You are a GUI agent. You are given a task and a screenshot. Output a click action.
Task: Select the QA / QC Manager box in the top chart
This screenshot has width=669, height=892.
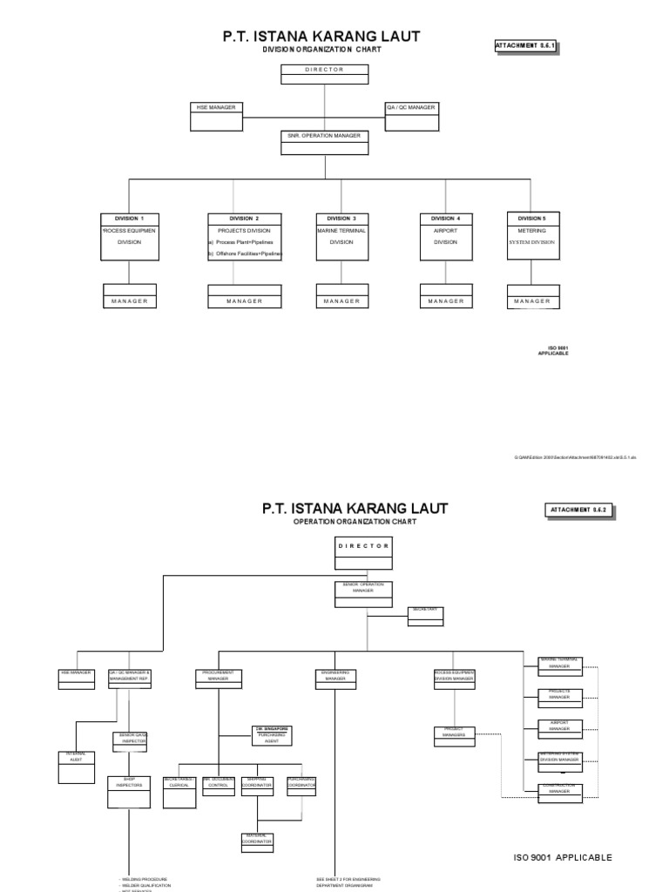pyautogui.click(x=410, y=116)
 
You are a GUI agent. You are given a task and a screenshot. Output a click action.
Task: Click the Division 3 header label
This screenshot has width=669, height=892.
pyautogui.click(x=341, y=218)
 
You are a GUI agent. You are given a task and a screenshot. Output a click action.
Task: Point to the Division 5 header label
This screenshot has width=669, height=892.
pyautogui.click(x=532, y=218)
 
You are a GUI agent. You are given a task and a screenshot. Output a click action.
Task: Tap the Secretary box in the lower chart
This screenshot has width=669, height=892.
pyautogui.click(x=425, y=615)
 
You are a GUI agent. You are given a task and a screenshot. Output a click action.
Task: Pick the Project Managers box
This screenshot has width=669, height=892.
pyautogui.click(x=454, y=734)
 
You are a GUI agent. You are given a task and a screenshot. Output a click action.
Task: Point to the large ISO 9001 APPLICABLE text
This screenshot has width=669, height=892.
pyautogui.click(x=562, y=857)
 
